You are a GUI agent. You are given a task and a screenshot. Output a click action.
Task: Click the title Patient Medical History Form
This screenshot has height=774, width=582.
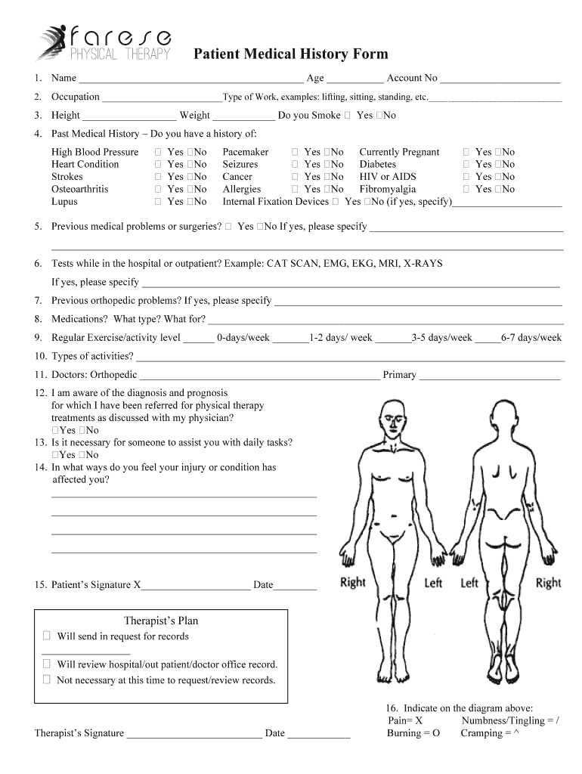coord(291,54)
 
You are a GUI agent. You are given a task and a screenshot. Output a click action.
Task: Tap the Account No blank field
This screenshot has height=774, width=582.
coord(500,79)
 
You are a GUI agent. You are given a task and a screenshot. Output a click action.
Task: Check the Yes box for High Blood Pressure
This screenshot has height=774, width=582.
coord(159,152)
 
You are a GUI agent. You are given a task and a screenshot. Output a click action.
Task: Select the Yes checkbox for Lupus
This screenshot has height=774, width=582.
coord(159,202)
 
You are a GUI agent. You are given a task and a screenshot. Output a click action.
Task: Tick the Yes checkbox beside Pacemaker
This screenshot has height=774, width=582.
coord(296,152)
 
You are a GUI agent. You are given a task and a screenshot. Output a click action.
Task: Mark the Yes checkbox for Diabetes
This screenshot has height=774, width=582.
coord(467,164)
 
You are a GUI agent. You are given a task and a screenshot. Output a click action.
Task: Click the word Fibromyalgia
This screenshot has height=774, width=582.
coord(388,189)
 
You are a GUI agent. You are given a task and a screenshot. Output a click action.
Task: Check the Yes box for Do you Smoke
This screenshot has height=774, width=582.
coord(348,116)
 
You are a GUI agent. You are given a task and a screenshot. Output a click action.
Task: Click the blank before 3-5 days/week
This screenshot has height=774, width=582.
coord(392,339)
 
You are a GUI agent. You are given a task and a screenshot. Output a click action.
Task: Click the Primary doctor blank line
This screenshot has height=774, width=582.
coord(489,375)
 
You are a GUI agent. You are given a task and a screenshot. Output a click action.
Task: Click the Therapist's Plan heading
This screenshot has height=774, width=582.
coord(161,621)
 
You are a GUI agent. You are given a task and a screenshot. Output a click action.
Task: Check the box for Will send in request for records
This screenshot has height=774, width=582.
coord(48,636)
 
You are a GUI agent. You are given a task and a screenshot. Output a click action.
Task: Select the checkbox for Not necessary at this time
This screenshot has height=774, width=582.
coord(48,680)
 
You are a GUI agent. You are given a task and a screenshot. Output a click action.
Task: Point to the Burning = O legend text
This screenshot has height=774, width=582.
coord(413,733)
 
